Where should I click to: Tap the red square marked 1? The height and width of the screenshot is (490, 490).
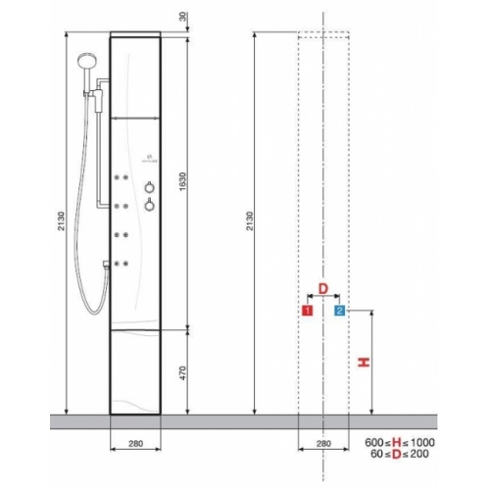pos(307,311)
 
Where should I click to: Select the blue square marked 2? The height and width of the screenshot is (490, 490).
pos(340,311)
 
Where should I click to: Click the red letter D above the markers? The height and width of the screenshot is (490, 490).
pos(323,290)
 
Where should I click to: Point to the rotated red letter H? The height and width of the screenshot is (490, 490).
pos(364,363)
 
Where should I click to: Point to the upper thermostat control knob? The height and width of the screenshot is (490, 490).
pos(149,186)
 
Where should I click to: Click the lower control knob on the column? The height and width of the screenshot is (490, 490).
pos(149,205)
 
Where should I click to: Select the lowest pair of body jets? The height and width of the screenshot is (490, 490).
pos(123,262)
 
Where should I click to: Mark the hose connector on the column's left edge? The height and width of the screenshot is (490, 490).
pos(108,263)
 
